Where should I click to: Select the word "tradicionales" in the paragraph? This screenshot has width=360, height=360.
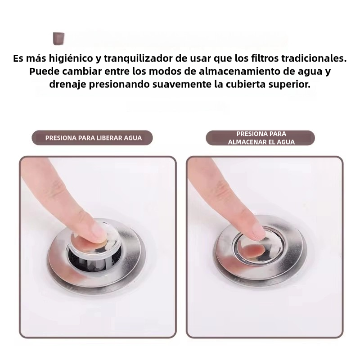[315, 59]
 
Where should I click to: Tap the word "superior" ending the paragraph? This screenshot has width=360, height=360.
[290, 85]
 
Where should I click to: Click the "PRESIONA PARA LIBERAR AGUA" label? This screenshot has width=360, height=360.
[93, 138]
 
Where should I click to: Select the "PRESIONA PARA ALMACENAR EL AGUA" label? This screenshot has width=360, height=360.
[261, 138]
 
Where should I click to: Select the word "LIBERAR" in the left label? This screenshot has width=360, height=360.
[109, 138]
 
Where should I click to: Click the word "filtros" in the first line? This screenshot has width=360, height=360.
[261, 59]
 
